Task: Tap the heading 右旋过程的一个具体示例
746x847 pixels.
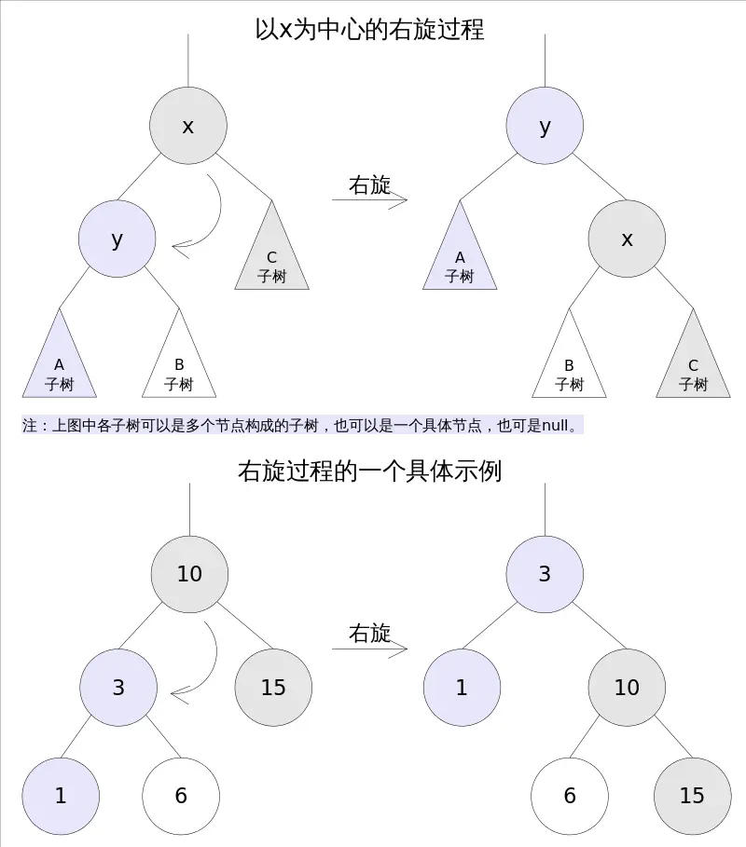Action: pos(369,471)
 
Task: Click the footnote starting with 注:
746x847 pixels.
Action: pos(302,425)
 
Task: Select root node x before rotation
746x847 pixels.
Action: pos(187,127)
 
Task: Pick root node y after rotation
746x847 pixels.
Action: pos(545,127)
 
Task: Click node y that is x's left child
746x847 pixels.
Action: pos(117,239)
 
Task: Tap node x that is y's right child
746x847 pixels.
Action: pos(627,239)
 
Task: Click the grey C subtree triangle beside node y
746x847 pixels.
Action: pos(271,256)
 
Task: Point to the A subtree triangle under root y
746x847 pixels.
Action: pos(460,256)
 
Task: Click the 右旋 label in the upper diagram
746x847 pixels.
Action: pos(369,184)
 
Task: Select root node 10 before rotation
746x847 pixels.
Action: pos(189,574)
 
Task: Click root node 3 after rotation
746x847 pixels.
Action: pos(545,574)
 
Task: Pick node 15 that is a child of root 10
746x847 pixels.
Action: pos(273,688)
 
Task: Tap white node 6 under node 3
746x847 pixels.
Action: pos(181,796)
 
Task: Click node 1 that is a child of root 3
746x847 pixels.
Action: pos(462,688)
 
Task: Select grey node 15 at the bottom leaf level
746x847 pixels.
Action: pos(692,796)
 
